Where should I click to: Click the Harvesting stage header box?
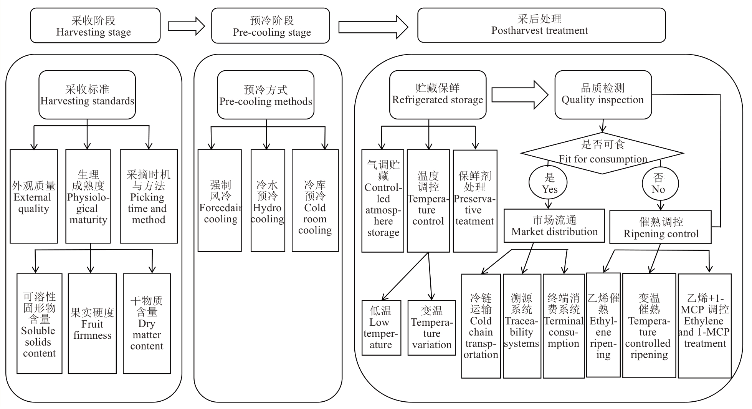pyautogui.click(x=95, y=26)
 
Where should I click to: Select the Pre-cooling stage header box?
pyautogui.click(x=270, y=26)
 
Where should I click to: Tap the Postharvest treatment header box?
pyautogui.click(x=541, y=25)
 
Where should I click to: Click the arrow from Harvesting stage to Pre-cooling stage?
pyautogui.click(x=186, y=26)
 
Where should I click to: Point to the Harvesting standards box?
pyautogui.click(x=87, y=95)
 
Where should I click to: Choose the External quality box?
pyautogui.click(x=34, y=196)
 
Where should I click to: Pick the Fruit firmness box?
pyautogui.click(x=92, y=323)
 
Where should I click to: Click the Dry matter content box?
pyautogui.click(x=147, y=323)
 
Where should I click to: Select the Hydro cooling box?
pyautogui.click(x=268, y=200)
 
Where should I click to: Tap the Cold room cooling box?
pyautogui.click(x=315, y=200)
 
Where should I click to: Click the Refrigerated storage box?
pyautogui.click(x=438, y=94)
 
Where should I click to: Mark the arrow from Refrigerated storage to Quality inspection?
pyautogui.click(x=520, y=95)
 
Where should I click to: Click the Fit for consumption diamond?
pyautogui.click(x=602, y=153)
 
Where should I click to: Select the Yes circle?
pyautogui.click(x=548, y=183)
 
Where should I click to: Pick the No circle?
pyautogui.click(x=660, y=183)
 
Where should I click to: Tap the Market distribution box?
pyautogui.click(x=554, y=226)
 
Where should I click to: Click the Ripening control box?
pyautogui.click(x=660, y=227)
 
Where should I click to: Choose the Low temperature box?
pyautogui.click(x=381, y=328)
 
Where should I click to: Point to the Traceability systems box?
pyautogui.click(x=522, y=326)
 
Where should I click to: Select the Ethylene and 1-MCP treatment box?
pyautogui.click(x=704, y=326)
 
